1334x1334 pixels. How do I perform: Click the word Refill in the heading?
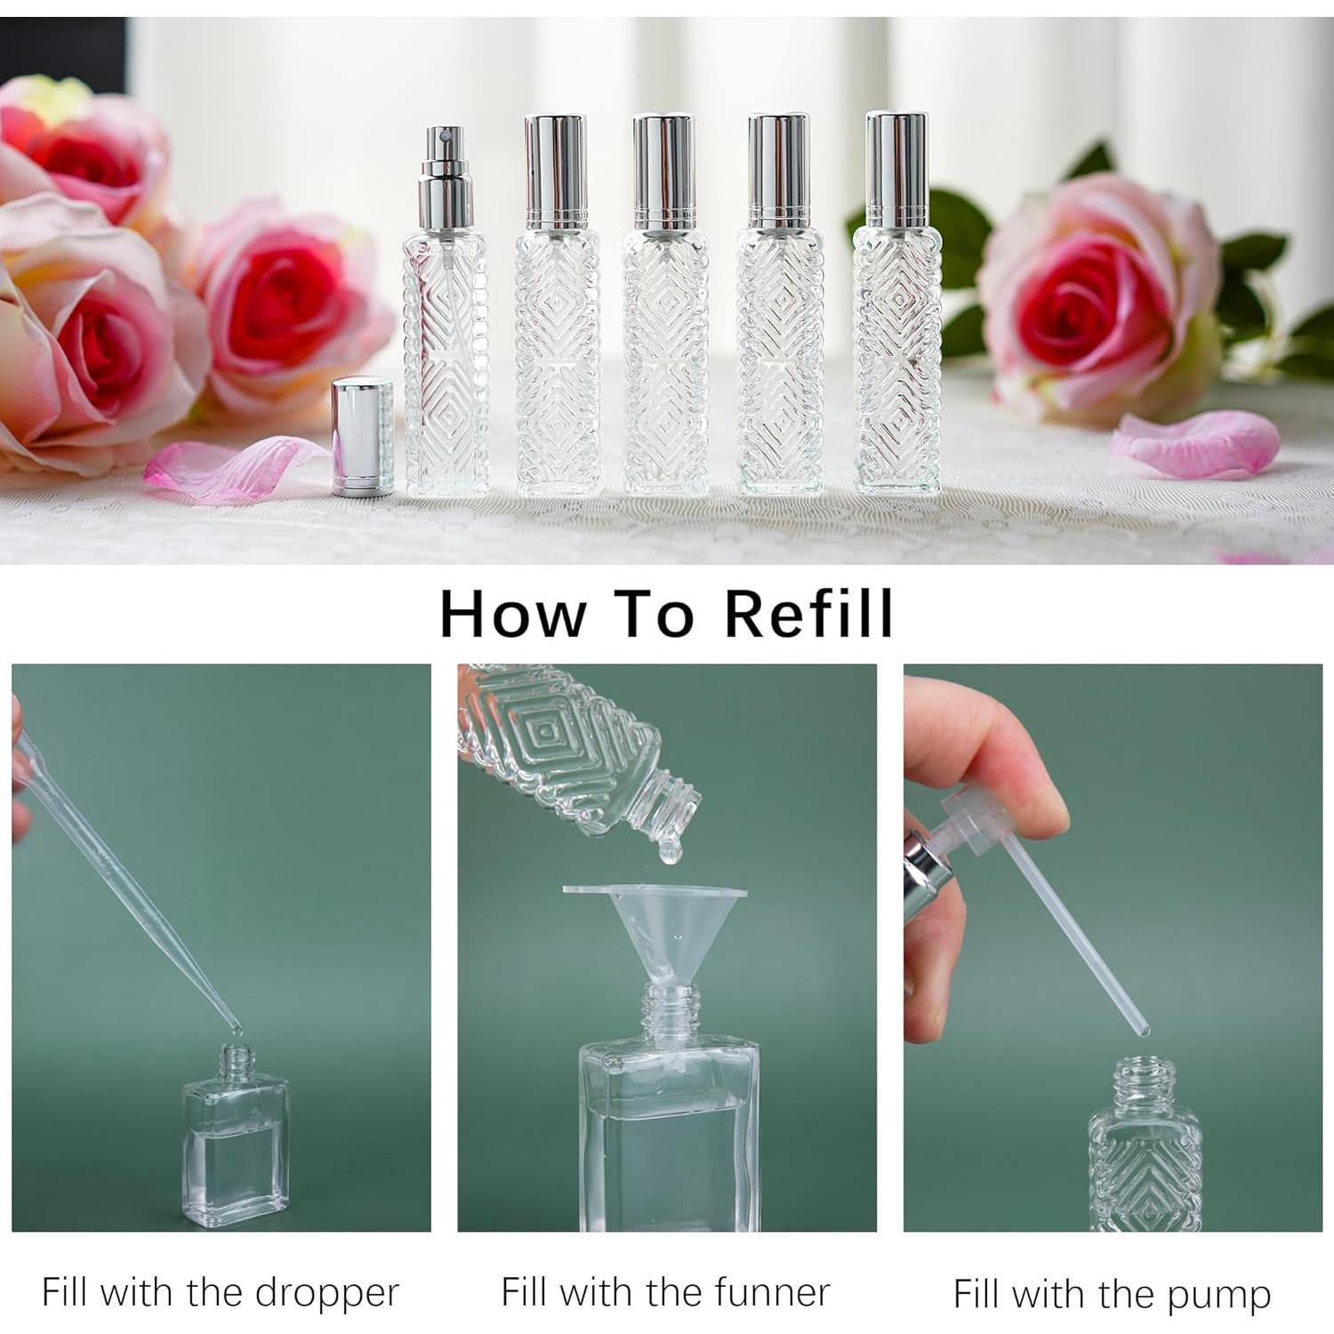click(808, 614)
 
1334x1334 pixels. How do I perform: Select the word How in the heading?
click(513, 614)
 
